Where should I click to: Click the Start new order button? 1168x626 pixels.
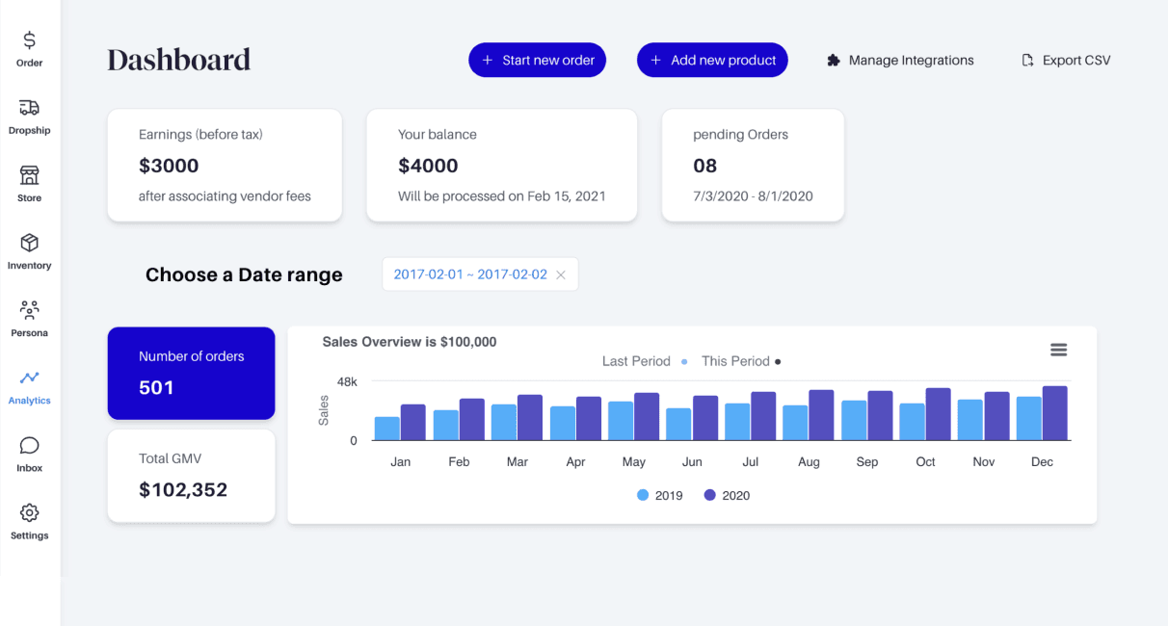tap(537, 60)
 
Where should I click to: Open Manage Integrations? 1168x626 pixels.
tap(900, 61)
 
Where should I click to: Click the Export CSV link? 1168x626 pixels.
tap(1066, 61)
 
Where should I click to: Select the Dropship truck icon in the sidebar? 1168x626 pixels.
tap(29, 107)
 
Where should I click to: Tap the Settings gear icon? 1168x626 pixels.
tap(29, 513)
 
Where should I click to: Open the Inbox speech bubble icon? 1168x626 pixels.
tap(29, 446)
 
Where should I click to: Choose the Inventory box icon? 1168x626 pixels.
tap(29, 243)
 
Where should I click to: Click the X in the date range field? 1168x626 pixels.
tap(561, 274)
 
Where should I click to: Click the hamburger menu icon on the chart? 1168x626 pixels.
tap(1058, 350)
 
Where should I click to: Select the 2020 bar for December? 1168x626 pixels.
tap(1055, 413)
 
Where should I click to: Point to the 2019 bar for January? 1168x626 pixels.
tap(386, 429)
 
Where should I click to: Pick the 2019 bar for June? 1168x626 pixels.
tap(678, 424)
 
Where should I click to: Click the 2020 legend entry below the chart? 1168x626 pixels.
tap(727, 495)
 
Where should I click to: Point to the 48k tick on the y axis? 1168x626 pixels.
tap(347, 382)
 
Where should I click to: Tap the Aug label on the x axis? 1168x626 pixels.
tap(809, 462)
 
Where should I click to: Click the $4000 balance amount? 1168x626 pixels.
tap(428, 166)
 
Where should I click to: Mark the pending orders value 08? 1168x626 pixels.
tap(705, 166)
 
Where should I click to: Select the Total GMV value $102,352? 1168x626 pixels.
tap(183, 489)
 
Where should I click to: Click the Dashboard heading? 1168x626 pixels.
tap(179, 60)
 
